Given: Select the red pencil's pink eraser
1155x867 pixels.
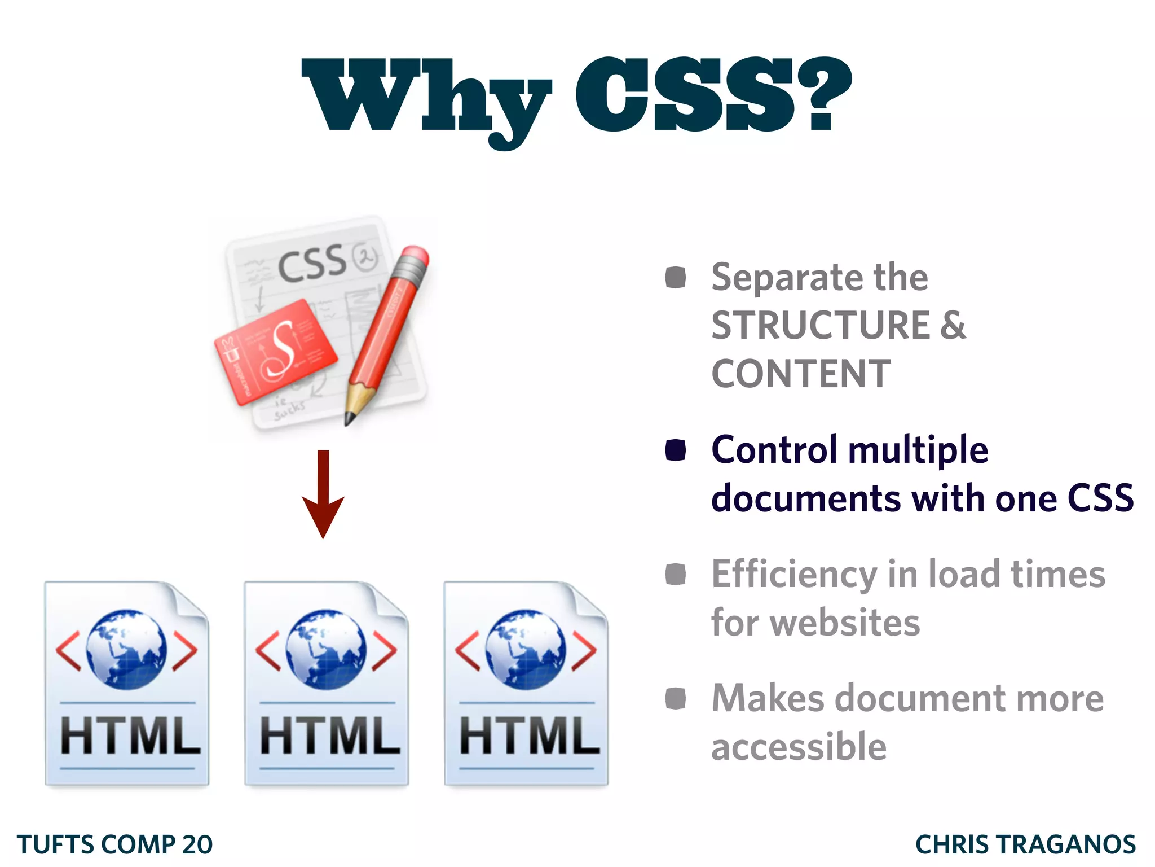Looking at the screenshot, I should click(415, 257).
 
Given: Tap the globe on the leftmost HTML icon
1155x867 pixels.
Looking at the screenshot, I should click(126, 649).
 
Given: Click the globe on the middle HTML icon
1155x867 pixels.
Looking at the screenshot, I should click(326, 649).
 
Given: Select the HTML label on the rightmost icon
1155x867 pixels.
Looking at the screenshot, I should click(529, 735).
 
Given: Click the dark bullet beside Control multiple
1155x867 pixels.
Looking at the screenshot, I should click(675, 450).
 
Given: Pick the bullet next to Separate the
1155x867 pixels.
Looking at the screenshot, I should click(675, 277).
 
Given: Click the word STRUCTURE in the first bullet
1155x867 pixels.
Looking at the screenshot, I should click(821, 326).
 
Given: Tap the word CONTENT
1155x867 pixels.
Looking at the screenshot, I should click(801, 374).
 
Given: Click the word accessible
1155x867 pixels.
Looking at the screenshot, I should click(799, 747).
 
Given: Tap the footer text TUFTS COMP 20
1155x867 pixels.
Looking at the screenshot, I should click(114, 844).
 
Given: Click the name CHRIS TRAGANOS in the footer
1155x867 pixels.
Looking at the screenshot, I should click(1025, 844).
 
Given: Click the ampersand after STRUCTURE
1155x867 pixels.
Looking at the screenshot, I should click(953, 326).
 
